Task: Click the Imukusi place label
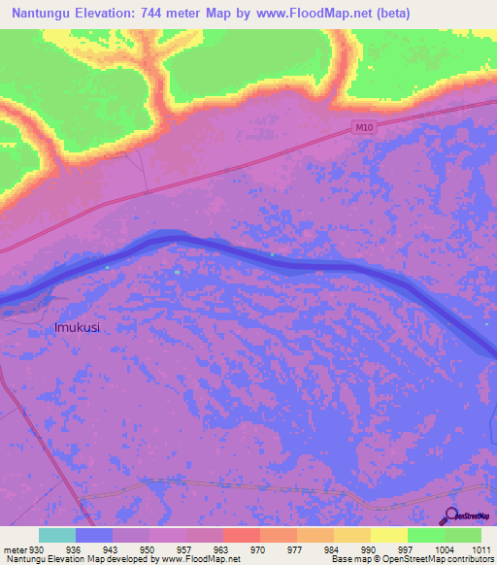(x=78, y=328)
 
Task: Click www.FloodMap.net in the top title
(x=313, y=14)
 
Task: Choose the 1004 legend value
(x=444, y=549)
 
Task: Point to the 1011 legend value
(x=479, y=549)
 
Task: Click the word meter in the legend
(x=15, y=549)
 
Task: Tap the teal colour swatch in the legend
(x=56, y=535)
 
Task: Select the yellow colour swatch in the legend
(x=388, y=535)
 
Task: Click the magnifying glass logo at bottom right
(x=450, y=515)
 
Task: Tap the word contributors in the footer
(x=470, y=560)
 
